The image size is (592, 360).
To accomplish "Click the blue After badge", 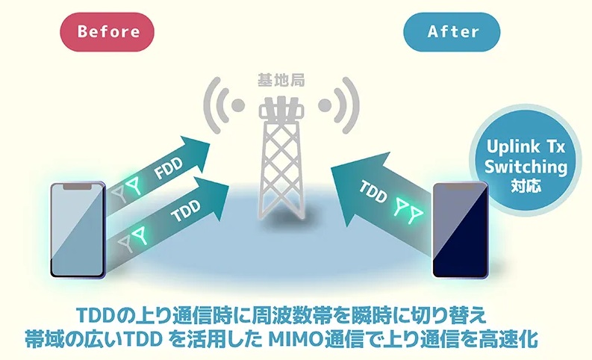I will point(452,31).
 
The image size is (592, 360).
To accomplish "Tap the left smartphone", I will point(77,230).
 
